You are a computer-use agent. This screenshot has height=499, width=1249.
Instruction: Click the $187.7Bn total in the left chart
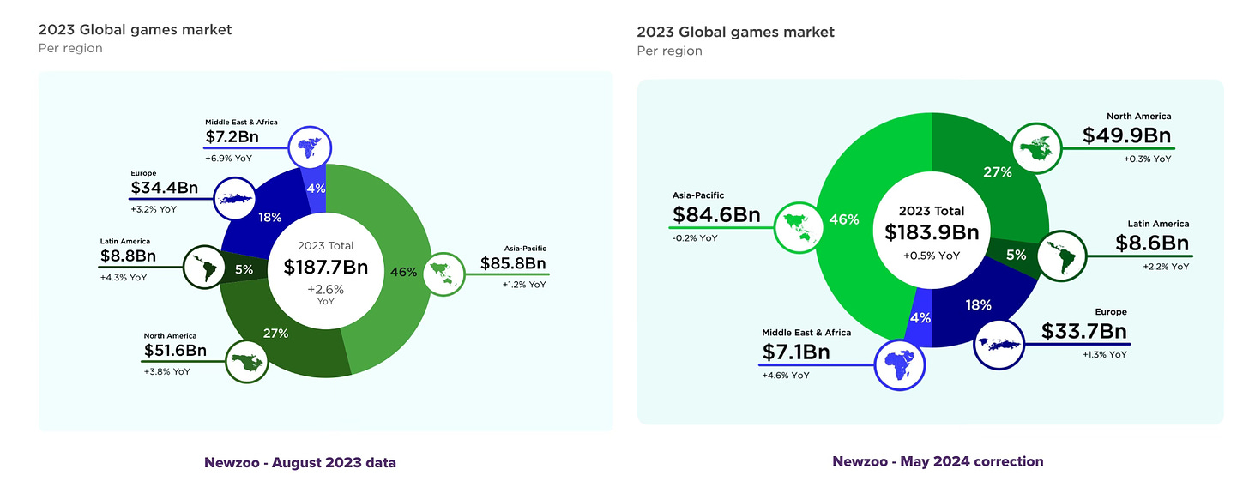325,267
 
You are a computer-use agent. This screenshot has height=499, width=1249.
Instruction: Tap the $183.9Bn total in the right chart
932,232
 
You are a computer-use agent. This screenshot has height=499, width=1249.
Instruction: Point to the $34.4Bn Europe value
161,187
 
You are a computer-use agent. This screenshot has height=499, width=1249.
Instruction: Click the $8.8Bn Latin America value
127,255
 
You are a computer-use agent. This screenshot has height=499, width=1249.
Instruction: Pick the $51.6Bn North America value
175,350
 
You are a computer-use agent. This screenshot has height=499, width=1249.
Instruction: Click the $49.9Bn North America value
1126,135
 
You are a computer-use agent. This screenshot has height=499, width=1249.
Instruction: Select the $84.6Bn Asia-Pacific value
716,214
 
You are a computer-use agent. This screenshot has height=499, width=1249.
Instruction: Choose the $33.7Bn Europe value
1084,331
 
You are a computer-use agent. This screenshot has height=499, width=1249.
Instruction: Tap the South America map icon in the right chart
1061,255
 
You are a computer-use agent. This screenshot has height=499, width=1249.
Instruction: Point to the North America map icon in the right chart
1037,147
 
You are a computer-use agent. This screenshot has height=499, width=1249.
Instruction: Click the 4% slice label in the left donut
317,189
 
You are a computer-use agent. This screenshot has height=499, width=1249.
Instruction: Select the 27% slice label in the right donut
998,171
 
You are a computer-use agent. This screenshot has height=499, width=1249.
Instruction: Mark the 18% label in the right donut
978,304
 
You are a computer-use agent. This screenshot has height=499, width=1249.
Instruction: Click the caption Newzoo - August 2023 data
300,463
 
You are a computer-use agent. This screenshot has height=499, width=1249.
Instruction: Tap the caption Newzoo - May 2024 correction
938,461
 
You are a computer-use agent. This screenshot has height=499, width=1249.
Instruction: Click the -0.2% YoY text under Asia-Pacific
695,238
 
